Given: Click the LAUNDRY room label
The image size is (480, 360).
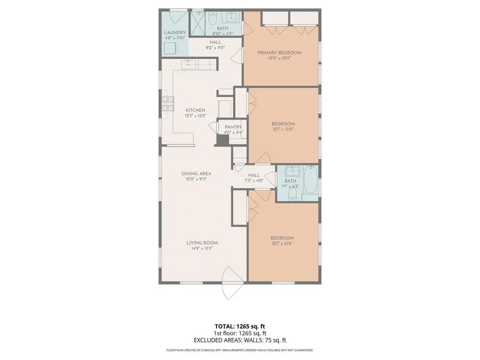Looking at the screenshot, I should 174,33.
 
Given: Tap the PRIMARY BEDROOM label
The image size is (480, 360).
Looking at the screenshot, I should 279,52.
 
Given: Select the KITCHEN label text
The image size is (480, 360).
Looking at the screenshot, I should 195,110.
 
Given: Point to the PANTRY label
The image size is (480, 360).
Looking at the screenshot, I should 233,127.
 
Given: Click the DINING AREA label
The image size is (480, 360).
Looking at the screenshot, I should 196,173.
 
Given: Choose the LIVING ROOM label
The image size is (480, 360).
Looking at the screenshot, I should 202,243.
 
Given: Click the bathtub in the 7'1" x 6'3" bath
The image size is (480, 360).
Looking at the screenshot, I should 311,182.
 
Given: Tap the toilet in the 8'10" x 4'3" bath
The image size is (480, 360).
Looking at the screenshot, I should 211,20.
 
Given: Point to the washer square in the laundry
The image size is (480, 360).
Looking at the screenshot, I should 171,49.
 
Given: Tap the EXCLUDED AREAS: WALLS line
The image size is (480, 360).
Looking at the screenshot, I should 239,340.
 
